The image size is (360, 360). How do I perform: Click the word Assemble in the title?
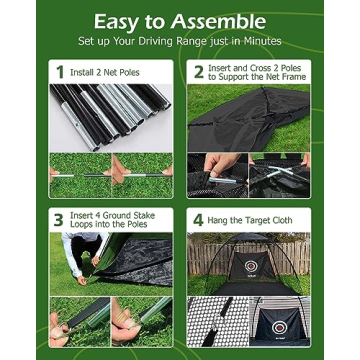pos(221,21)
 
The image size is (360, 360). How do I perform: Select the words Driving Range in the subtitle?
pos(176,42)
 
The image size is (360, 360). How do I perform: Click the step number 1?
pos(59,71)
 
